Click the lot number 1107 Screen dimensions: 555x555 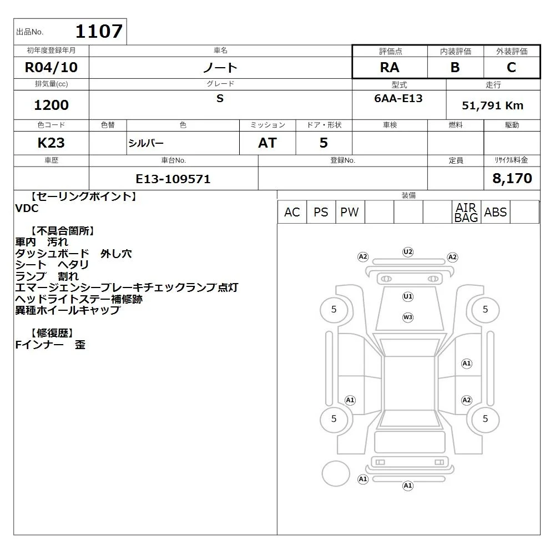point(99,31)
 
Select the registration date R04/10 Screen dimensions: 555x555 point(51,67)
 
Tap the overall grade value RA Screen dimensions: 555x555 point(390,67)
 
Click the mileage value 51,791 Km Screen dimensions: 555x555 point(492,105)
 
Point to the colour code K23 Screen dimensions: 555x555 point(51,143)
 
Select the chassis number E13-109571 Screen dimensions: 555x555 point(173,179)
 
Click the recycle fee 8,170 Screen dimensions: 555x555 point(512,178)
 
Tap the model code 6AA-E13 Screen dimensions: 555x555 point(398,98)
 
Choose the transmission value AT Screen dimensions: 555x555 point(268,143)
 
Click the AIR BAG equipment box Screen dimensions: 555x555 point(467,212)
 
